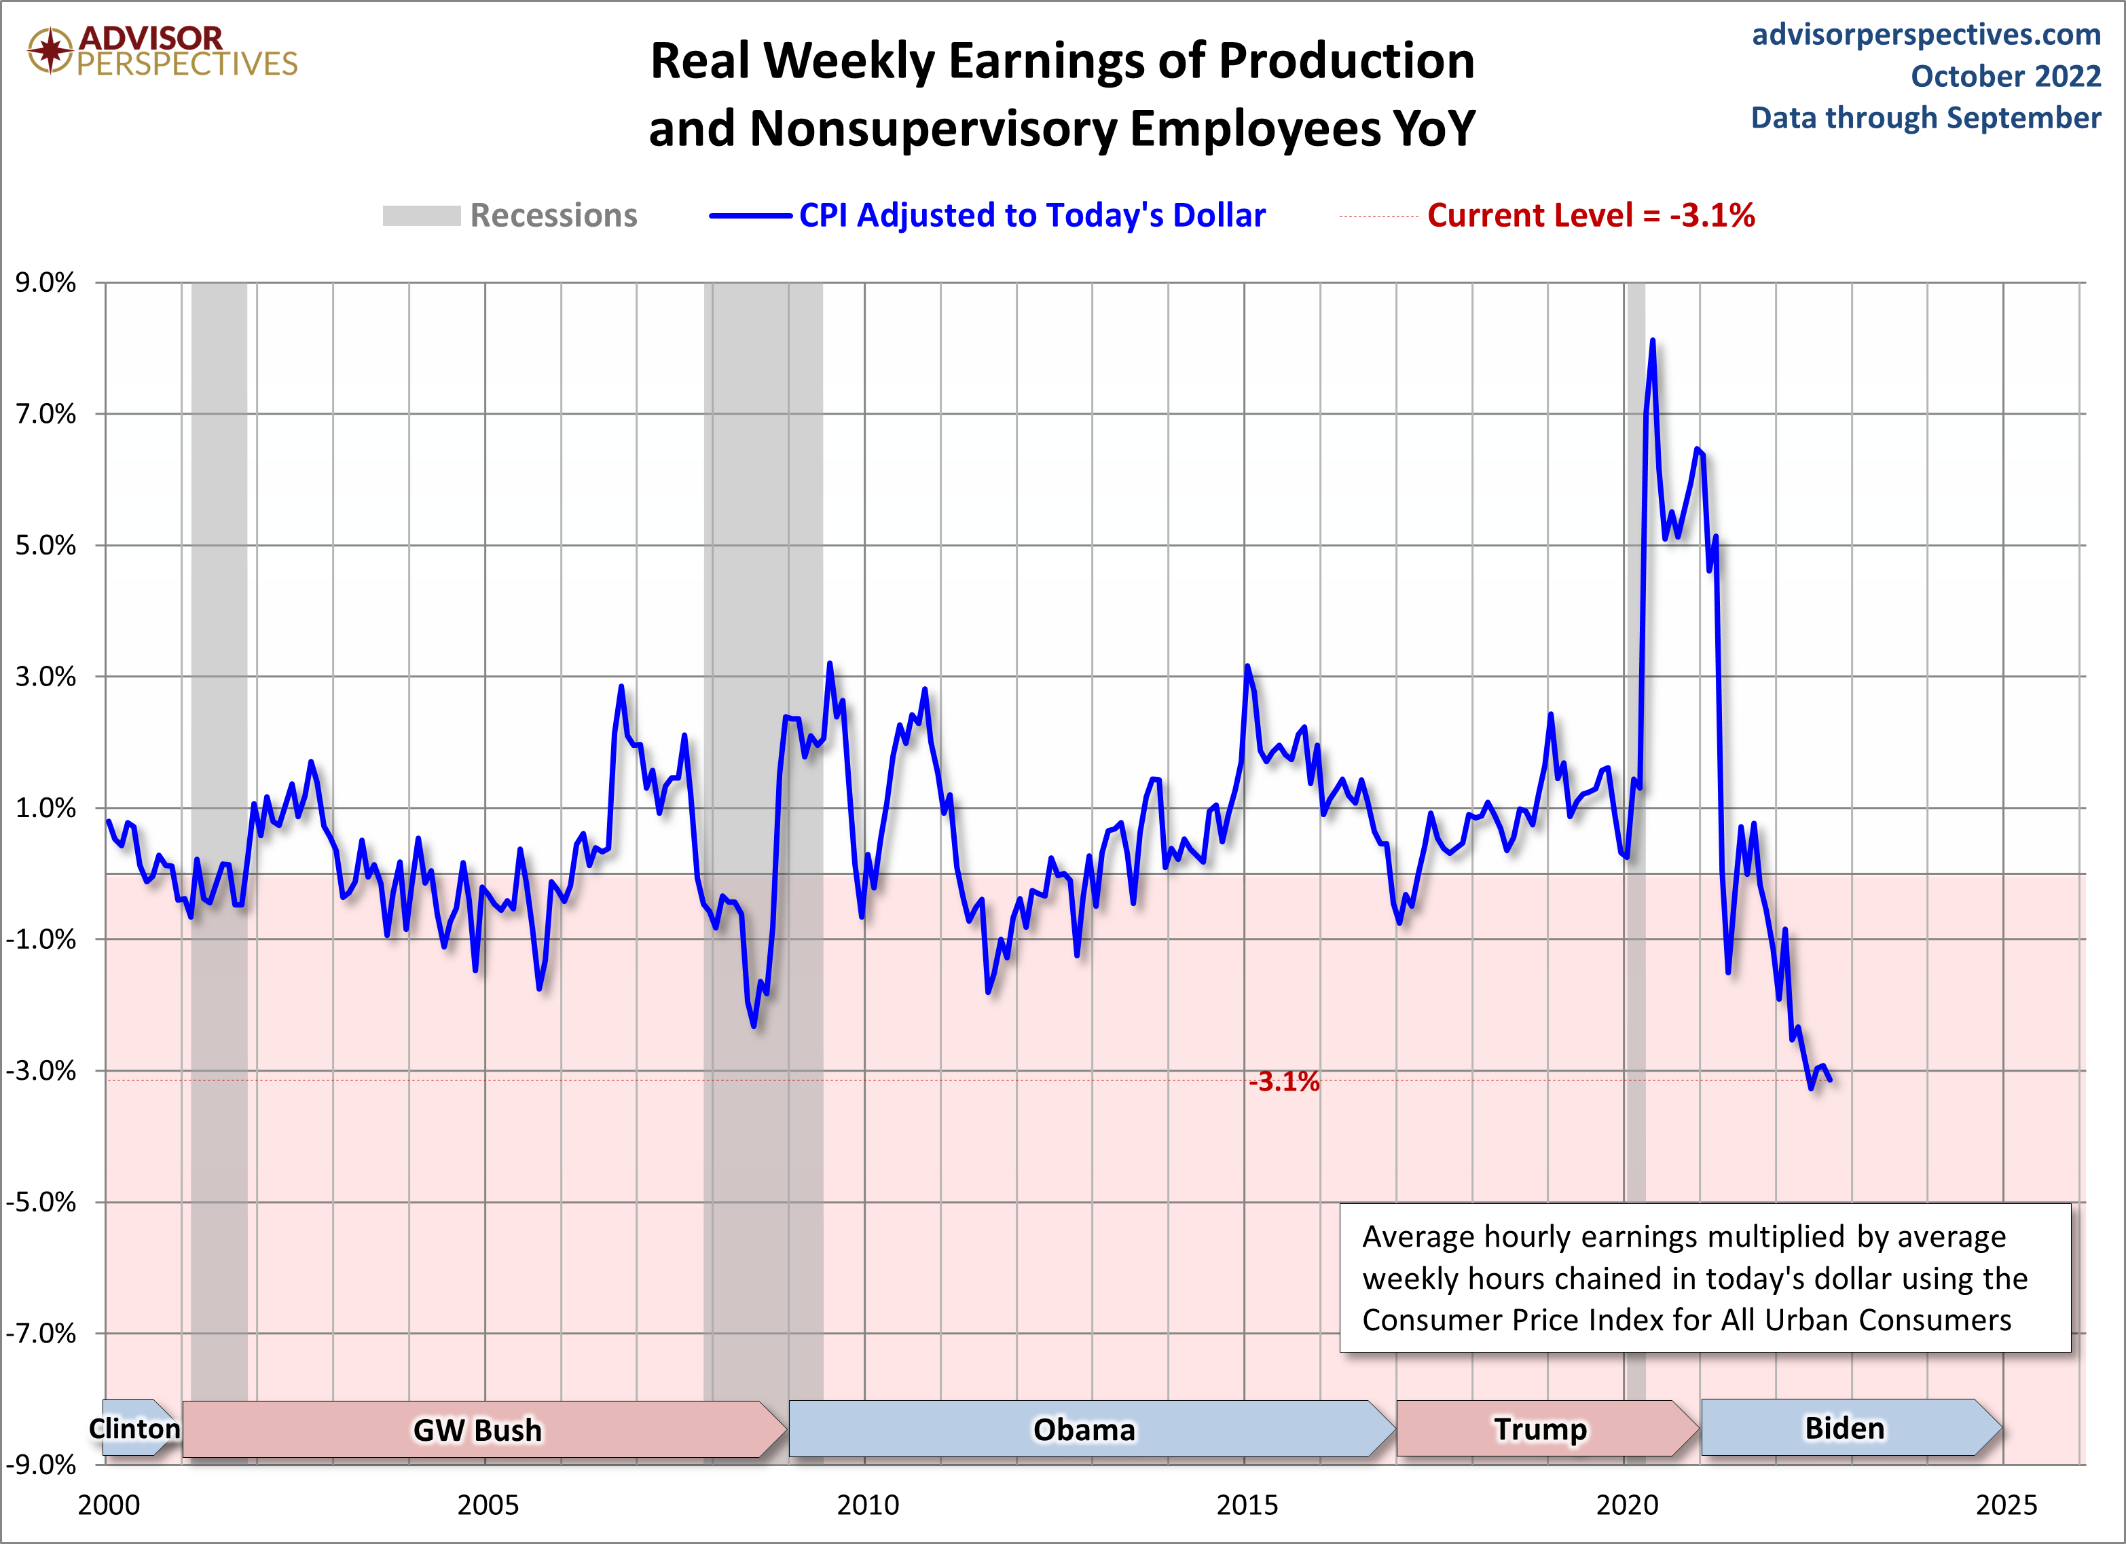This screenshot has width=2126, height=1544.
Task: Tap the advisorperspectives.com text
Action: pyautogui.click(x=1926, y=35)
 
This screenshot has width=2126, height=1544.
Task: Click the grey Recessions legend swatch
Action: pyautogui.click(x=421, y=216)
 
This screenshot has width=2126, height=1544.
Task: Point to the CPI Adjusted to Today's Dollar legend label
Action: pyautogui.click(x=1031, y=216)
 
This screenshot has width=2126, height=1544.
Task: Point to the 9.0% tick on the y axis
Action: pyautogui.click(x=45, y=283)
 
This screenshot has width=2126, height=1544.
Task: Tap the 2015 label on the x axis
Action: pyautogui.click(x=1247, y=1505)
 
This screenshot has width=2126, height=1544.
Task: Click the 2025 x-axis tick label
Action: pyautogui.click(x=2006, y=1505)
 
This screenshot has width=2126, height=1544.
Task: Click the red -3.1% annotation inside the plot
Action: pyautogui.click(x=1283, y=1082)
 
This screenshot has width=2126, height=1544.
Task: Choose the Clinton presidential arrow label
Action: pyautogui.click(x=134, y=1429)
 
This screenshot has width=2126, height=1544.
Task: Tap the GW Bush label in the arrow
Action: pyautogui.click(x=477, y=1431)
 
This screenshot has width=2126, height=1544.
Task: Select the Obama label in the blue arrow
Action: pyautogui.click(x=1084, y=1430)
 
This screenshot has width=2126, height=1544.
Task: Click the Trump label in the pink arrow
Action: pyautogui.click(x=1540, y=1430)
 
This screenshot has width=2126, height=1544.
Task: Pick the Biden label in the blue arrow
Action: pyautogui.click(x=1844, y=1428)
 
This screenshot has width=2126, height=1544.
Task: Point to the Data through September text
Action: pyautogui.click(x=1926, y=118)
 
